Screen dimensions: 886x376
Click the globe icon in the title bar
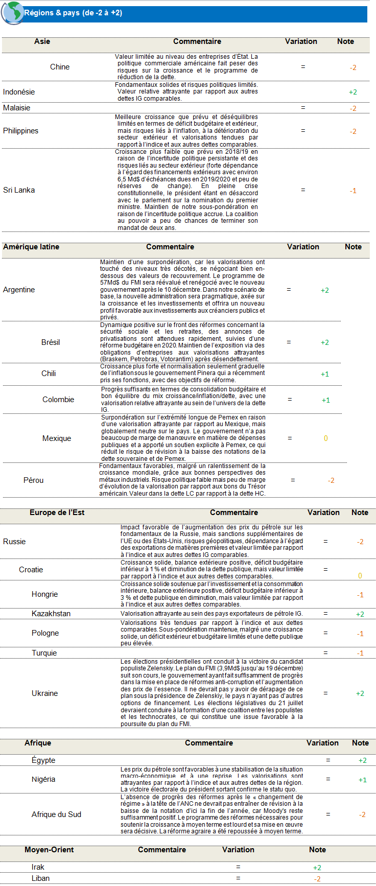(12, 12)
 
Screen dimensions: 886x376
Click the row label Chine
(60, 67)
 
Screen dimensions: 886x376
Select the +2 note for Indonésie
(353, 92)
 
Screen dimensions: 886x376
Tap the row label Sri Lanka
(19, 190)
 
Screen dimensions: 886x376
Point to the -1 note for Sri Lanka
(353, 191)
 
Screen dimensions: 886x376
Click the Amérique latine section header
(31, 247)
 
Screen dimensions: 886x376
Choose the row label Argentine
(19, 290)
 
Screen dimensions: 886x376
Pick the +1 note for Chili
(325, 374)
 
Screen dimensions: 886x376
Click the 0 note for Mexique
(326, 438)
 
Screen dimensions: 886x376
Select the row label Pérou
(34, 480)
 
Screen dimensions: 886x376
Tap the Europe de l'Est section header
(57, 512)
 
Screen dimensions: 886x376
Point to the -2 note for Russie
(360, 542)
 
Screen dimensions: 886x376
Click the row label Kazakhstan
(51, 614)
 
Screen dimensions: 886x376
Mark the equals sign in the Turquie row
(325, 653)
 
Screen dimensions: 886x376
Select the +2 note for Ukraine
(360, 693)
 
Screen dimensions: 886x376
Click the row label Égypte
(43, 760)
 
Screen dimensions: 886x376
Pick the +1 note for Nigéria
(362, 780)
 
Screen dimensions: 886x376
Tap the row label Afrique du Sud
(56, 814)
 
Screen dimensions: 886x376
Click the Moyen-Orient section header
(49, 850)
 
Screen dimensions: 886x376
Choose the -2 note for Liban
(317, 879)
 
